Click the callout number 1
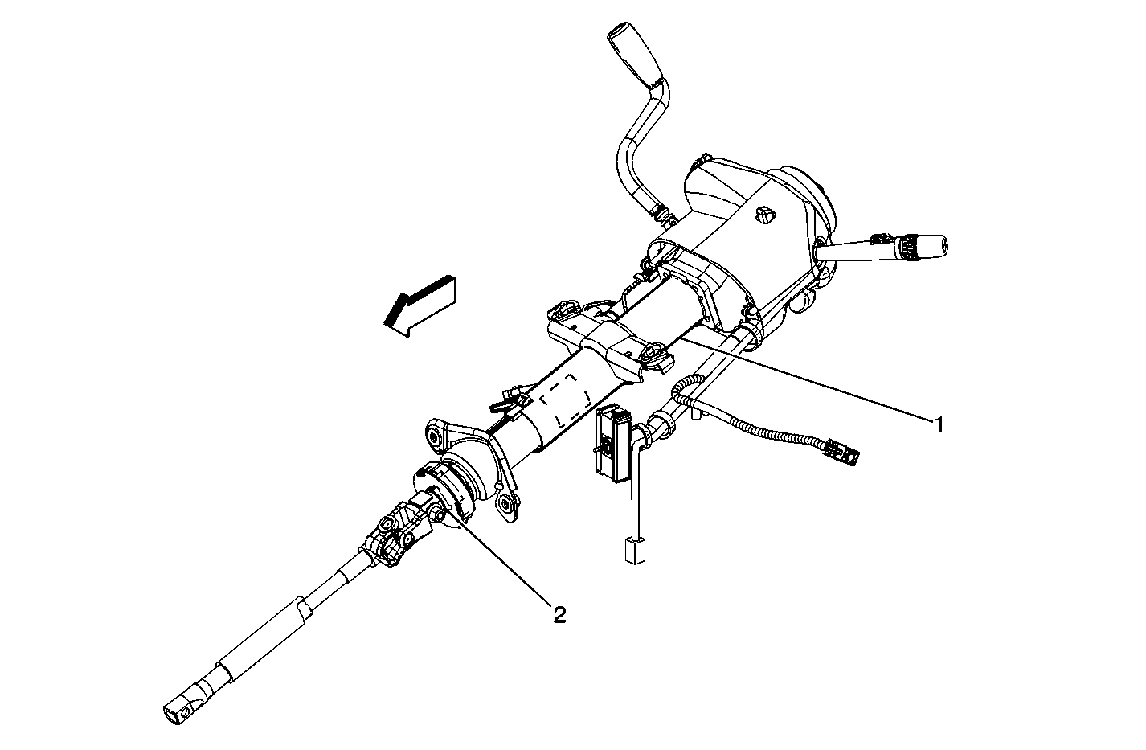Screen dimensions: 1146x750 pyautogui.click(x=939, y=424)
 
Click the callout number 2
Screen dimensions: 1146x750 pyautogui.click(x=559, y=614)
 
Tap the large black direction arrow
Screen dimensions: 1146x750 pyautogui.click(x=420, y=306)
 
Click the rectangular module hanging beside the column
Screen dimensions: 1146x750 pyautogui.click(x=614, y=442)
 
